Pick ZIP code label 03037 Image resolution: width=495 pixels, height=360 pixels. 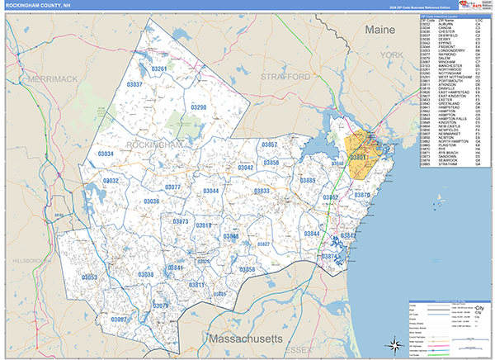(x=133, y=85)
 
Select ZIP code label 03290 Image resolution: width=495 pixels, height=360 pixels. (x=198, y=107)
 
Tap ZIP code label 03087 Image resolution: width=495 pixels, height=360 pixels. (x=119, y=320)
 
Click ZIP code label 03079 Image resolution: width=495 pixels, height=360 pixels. (x=161, y=306)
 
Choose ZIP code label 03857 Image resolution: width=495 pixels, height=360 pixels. (x=269, y=144)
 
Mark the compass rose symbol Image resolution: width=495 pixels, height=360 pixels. (x=394, y=343)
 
